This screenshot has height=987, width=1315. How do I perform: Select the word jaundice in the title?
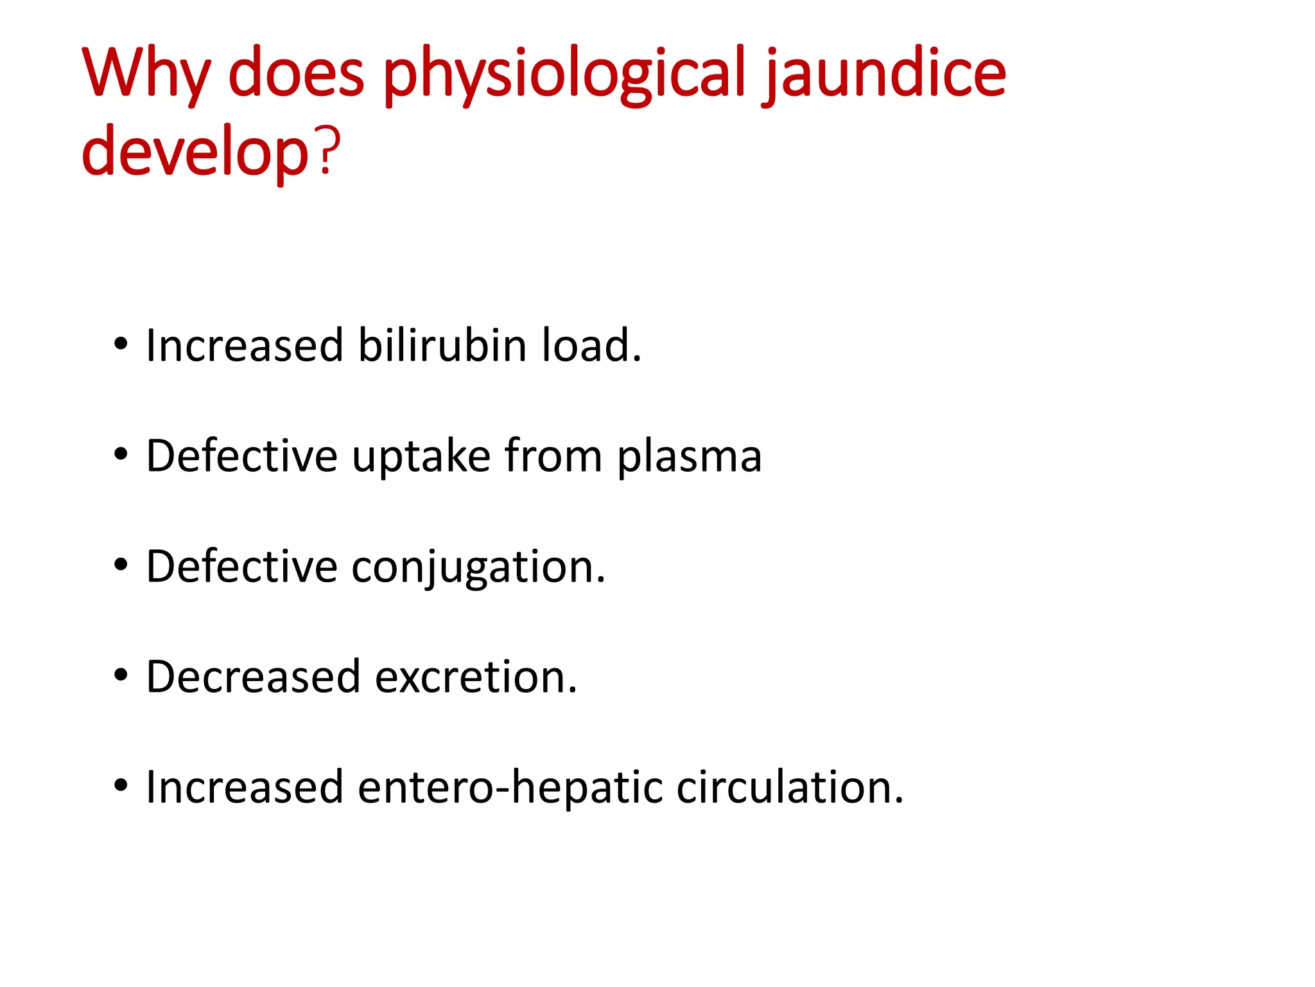pyautogui.click(x=885, y=74)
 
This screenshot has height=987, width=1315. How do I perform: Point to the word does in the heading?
pyautogui.click(x=296, y=74)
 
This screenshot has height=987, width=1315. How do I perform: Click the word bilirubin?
pyautogui.click(x=442, y=346)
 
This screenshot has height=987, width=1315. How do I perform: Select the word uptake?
pyautogui.click(x=421, y=456)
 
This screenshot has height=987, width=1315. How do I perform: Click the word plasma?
pyautogui.click(x=689, y=456)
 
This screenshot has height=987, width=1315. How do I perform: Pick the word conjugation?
pyautogui.click(x=478, y=567)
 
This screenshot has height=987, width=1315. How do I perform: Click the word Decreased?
pyautogui.click(x=253, y=677)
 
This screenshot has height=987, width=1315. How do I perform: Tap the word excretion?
pyautogui.click(x=476, y=677)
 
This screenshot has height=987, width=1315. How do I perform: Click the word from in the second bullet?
pyautogui.click(x=553, y=456)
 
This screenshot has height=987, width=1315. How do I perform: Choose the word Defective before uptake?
pyautogui.click(x=241, y=456)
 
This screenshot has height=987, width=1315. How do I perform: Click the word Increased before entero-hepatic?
pyautogui.click(x=245, y=787)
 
